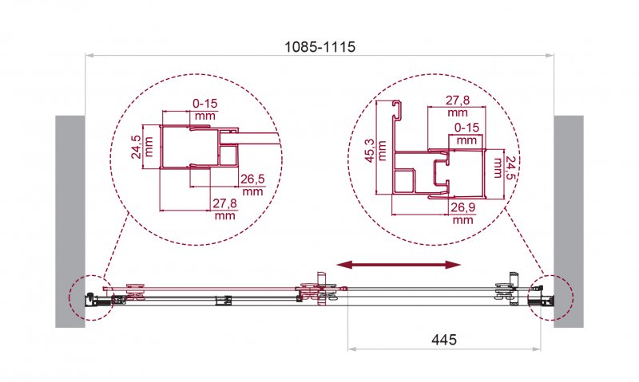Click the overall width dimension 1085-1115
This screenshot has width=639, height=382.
[320, 47]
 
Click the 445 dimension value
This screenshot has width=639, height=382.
[443, 339]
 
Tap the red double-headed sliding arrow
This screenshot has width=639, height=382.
[399, 265]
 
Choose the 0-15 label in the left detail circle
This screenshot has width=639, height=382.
[205, 104]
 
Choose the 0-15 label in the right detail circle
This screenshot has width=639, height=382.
[467, 128]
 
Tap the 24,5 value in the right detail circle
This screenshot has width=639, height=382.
[499, 166]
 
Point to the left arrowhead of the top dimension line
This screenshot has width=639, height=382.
[90, 56]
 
